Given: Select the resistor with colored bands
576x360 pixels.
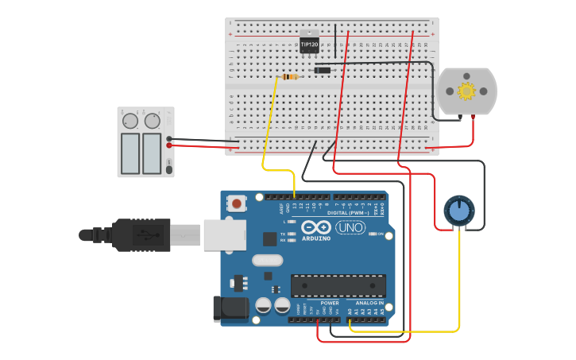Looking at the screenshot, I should tap(290, 77).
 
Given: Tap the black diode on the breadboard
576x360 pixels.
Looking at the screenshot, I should tap(322, 71).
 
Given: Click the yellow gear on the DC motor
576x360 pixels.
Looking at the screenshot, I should tap(466, 91).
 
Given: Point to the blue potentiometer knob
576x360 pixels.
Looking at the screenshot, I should tap(458, 211).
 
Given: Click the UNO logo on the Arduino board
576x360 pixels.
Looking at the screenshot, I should tap(350, 227).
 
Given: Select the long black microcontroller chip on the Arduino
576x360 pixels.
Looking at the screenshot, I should tap(338, 285).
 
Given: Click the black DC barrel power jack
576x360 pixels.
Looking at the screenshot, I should tap(230, 308).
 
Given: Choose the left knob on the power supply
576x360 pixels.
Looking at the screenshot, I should tap(129, 121).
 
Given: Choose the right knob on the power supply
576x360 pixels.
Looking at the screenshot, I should tap(152, 121).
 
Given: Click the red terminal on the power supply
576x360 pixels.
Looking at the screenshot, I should tap(170, 145).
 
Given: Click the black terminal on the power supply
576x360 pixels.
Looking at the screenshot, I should tap(170, 138).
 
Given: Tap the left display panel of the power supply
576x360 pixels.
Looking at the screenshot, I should tap(130, 153).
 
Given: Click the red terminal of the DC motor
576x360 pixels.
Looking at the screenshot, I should tap(474, 118).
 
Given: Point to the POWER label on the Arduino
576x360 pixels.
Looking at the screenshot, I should tap(330, 303).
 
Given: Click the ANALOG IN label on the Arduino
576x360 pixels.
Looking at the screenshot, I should tap(369, 303).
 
